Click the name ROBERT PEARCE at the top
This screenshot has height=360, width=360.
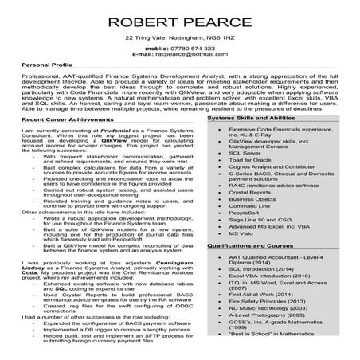(180, 19)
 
